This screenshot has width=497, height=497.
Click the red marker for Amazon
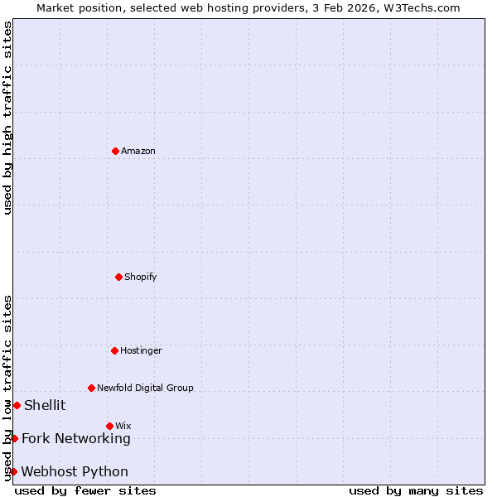(115, 151)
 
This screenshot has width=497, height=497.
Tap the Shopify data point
(118, 277)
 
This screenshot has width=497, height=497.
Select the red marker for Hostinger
(114, 350)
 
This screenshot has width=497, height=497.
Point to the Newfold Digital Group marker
(91, 388)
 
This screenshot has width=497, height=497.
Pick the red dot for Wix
(109, 426)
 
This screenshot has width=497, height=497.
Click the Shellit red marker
(17, 405)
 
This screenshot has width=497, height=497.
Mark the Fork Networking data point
(14, 438)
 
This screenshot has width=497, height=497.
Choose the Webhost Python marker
(13, 471)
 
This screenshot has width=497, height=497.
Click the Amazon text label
(138, 151)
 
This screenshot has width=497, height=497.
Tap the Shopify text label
(141, 277)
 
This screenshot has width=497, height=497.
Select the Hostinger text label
(141, 350)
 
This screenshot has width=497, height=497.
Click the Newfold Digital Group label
(145, 388)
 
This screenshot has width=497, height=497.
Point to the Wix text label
(123, 426)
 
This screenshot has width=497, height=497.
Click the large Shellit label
(45, 405)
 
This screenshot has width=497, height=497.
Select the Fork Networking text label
(76, 438)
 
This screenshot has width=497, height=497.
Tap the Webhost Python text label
(75, 471)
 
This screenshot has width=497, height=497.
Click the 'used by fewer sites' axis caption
(85, 490)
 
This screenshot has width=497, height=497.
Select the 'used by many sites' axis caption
(416, 490)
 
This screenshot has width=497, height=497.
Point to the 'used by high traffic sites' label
(7, 118)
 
